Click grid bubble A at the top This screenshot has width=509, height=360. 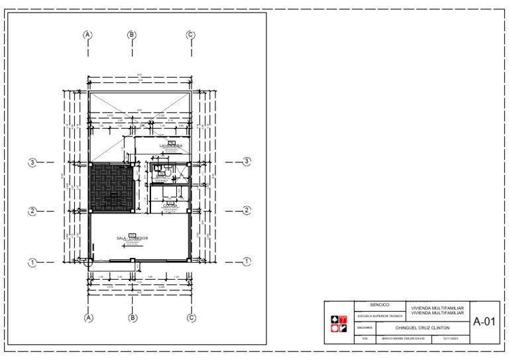point(87,34)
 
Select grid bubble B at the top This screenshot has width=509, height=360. point(132,34)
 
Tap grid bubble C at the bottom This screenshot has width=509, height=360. point(191,318)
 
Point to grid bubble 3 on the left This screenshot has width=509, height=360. point(32,162)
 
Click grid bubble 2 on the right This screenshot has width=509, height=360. point(247,211)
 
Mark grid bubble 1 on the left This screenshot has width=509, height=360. point(32,263)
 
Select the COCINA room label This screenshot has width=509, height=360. point(170,206)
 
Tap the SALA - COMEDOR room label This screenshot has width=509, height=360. point(133,238)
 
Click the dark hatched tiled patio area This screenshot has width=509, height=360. point(112,188)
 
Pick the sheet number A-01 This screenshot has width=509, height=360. point(484,322)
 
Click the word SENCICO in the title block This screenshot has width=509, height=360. point(380,305)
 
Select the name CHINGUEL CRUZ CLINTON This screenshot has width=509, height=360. point(422,328)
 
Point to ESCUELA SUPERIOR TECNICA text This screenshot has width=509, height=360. point(380,316)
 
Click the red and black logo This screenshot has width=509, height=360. point(339,323)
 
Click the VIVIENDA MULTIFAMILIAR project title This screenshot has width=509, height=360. point(437,310)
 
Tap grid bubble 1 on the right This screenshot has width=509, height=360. point(247,262)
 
